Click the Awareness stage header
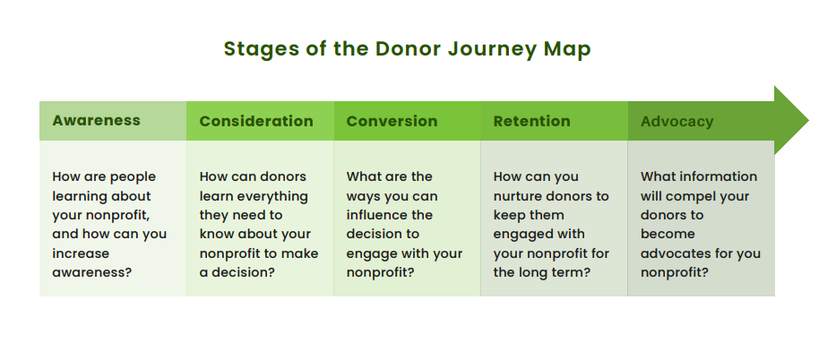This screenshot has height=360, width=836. (x=97, y=120)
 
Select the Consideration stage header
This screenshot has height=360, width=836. (x=256, y=121)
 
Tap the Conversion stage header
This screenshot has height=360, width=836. (x=392, y=121)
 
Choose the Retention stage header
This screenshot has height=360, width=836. (x=531, y=121)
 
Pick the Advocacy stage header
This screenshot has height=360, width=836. (x=677, y=121)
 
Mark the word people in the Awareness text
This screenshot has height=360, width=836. (x=131, y=176)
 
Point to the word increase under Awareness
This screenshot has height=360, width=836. (x=80, y=253)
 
